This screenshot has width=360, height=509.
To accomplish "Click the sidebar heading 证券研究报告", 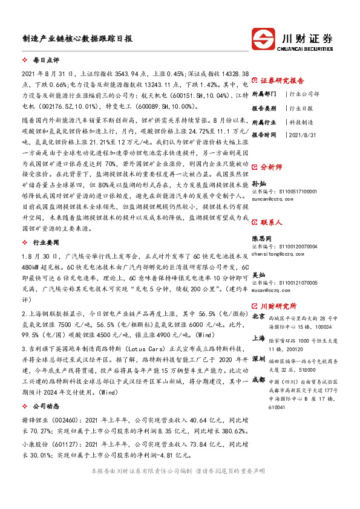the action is tap(286, 80).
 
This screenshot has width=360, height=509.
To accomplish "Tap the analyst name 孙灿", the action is tap(259, 182).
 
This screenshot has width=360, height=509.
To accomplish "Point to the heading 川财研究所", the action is tap(283, 306).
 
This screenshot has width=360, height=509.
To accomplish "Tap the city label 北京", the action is tap(258, 316).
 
